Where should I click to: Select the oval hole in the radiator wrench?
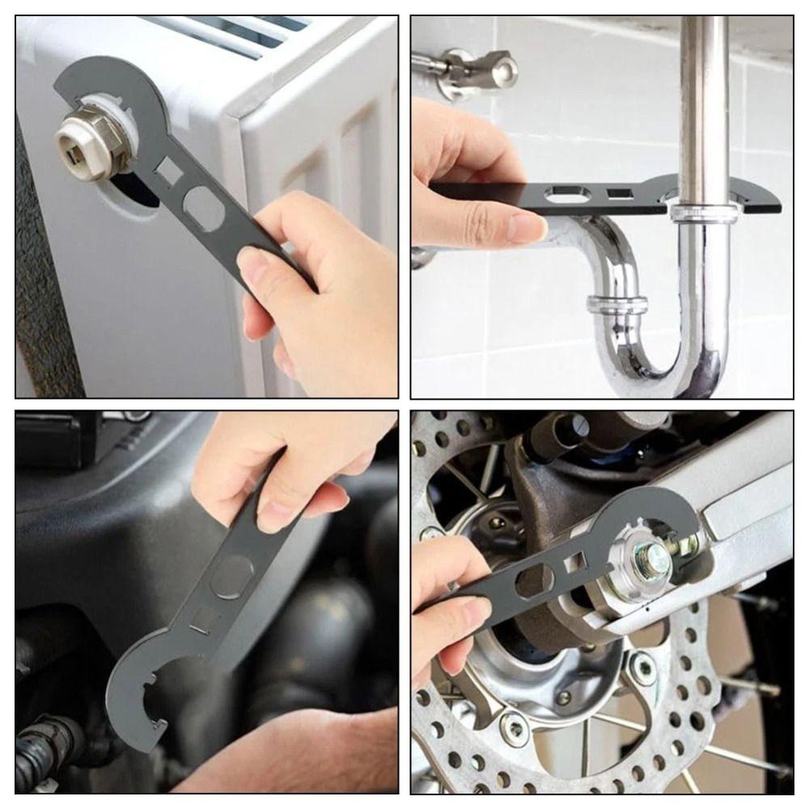click(204, 210)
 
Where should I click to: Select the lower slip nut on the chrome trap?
click(616, 306)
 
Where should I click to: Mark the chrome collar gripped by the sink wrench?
click(704, 213)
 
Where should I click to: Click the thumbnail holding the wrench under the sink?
click(526, 228)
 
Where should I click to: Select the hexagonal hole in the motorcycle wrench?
click(535, 582)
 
